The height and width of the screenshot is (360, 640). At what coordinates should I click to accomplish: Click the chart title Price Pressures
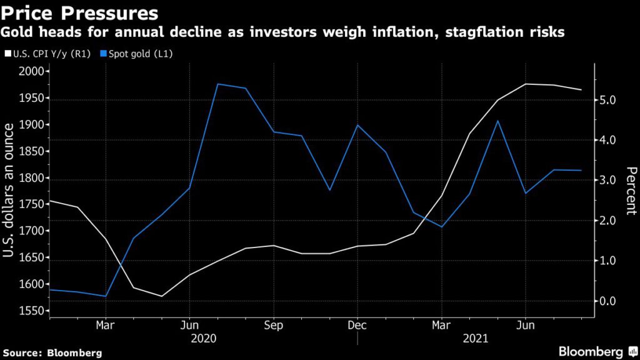tap(80, 12)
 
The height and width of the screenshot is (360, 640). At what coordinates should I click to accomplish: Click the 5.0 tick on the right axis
tap(608, 101)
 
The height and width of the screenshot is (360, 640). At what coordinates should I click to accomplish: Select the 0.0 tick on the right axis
tap(608, 301)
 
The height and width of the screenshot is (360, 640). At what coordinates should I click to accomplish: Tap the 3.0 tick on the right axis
tap(608, 181)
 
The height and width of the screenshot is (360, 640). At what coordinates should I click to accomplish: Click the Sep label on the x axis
tap(274, 325)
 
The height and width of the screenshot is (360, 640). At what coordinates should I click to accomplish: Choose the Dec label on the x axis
tap(357, 325)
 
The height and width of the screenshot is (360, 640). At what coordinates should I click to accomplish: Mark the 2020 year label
tap(204, 338)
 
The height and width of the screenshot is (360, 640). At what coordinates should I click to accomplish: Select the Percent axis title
tap(631, 191)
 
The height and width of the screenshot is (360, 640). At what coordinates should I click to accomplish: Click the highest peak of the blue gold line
tap(217, 84)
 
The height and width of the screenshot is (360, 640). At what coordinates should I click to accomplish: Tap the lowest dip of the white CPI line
tap(162, 296)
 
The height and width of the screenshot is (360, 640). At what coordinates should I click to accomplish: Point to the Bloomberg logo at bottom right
tap(591, 351)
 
